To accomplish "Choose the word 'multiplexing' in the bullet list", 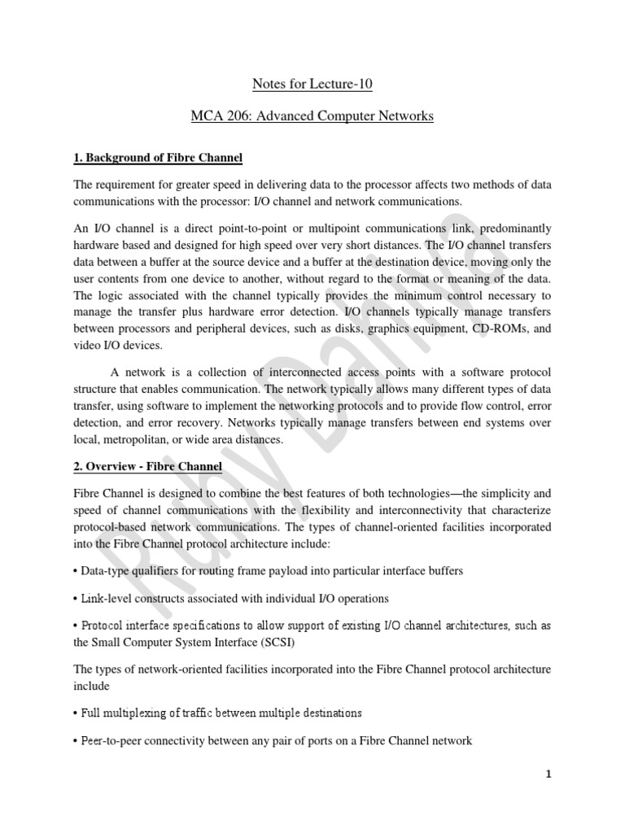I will click(x=137, y=713).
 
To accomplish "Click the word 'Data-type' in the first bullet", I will click(x=107, y=570).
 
